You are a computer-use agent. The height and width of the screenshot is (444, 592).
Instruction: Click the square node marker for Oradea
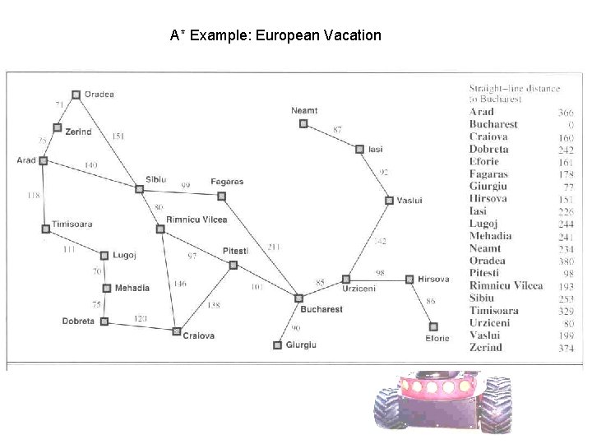click(76, 95)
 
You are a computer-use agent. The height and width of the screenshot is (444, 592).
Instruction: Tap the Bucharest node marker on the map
click(299, 298)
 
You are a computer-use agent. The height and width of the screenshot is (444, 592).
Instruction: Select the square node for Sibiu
click(140, 189)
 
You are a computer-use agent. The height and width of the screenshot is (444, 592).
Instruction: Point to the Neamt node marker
click(303, 123)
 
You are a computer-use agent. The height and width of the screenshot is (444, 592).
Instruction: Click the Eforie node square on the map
click(433, 326)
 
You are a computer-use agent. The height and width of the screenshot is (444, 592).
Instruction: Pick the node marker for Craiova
click(176, 331)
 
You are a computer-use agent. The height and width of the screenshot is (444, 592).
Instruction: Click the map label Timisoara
click(72, 224)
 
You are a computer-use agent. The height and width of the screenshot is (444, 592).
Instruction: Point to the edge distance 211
click(274, 247)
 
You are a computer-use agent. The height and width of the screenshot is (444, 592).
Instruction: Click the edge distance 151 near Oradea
click(118, 136)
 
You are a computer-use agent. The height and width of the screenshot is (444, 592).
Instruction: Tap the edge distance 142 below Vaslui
click(380, 241)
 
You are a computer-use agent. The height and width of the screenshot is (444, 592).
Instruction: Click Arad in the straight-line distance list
click(482, 112)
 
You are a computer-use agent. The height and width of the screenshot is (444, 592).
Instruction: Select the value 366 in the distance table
click(565, 112)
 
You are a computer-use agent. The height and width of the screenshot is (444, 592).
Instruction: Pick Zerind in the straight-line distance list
click(485, 347)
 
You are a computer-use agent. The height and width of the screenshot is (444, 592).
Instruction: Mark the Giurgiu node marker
click(277, 345)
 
